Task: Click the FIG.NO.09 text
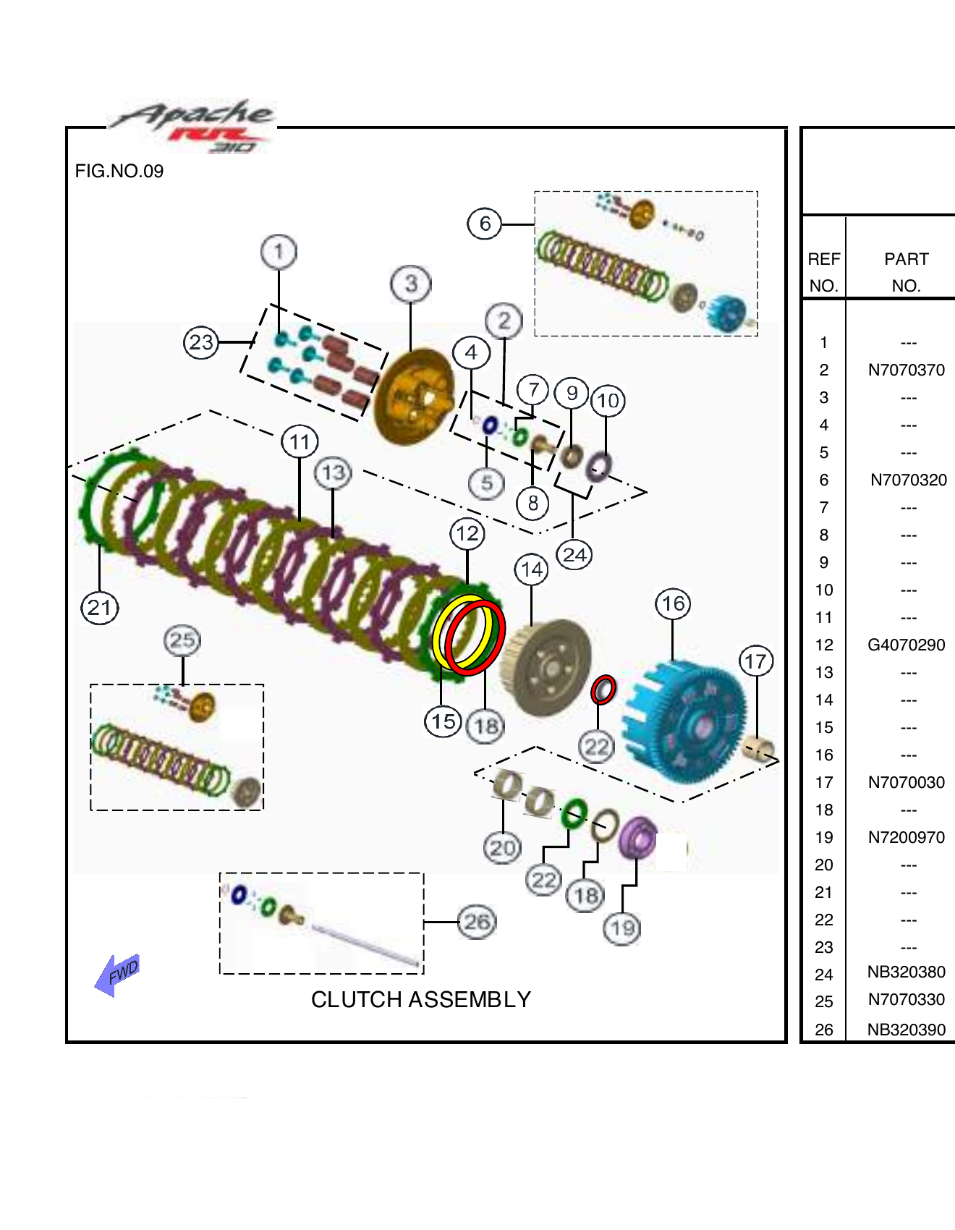click(x=119, y=171)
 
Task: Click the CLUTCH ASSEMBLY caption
click(x=420, y=999)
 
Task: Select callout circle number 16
click(x=673, y=603)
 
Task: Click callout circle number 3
click(x=410, y=284)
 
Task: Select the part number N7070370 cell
click(x=906, y=370)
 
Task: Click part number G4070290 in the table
click(x=906, y=645)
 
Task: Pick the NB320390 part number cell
click(x=906, y=1030)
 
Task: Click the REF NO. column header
click(x=823, y=272)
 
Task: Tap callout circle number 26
click(x=477, y=922)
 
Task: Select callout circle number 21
click(x=99, y=607)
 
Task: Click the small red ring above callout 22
click(x=603, y=690)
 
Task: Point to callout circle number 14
click(x=532, y=569)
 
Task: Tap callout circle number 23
click(x=201, y=342)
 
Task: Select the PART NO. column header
click(x=906, y=272)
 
